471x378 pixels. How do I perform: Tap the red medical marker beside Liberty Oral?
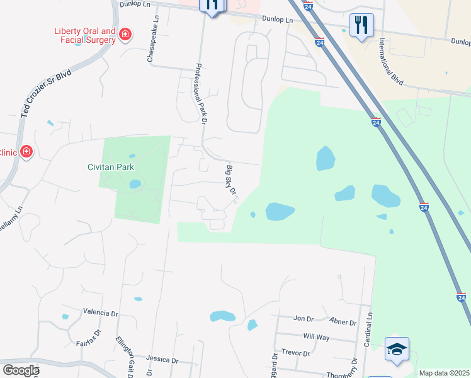[125, 34]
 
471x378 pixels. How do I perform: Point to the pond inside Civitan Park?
[135, 185]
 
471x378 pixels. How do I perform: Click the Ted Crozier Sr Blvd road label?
[45, 93]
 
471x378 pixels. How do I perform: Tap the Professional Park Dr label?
[201, 92]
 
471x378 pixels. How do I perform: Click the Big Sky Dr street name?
[230, 180]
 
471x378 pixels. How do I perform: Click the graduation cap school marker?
[397, 349]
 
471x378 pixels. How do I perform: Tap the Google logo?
[21, 370]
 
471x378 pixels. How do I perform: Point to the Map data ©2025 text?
[444, 373]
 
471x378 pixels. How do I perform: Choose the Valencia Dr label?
[101, 312]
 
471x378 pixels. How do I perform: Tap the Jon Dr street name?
[304, 319]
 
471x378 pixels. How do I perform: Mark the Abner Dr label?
[343, 322]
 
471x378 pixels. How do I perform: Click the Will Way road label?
[316, 337]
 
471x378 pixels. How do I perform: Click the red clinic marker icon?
[26, 151]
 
